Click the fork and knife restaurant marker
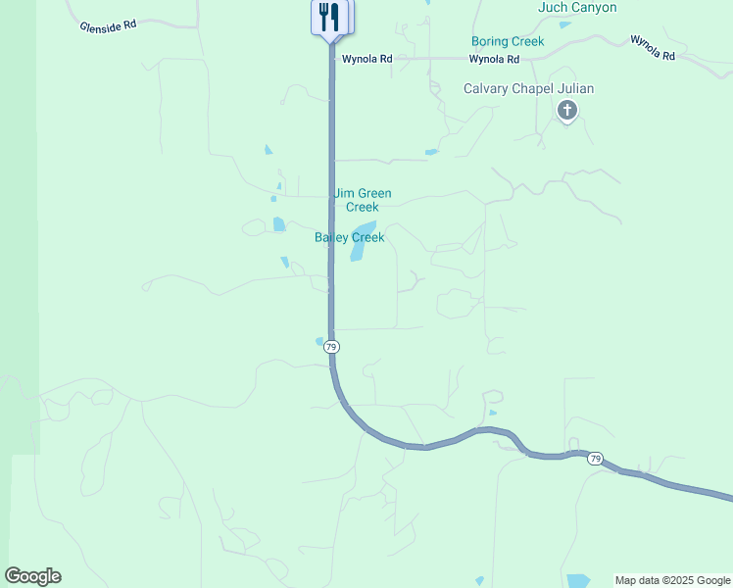tap(328, 18)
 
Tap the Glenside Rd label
tap(108, 25)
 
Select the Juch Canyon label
tap(577, 8)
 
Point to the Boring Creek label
tap(508, 41)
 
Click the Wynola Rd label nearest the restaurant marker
tap(366, 59)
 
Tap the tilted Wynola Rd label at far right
tap(653, 47)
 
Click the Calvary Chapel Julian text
tap(528, 88)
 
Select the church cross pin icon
tap(566, 111)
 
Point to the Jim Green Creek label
tap(363, 200)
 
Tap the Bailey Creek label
tap(349, 237)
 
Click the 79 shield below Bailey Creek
tap(331, 347)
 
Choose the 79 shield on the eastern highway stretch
tap(595, 459)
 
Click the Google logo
tap(32, 576)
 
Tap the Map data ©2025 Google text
tap(672, 580)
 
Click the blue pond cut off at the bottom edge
tap(578, 580)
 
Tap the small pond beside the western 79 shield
tap(319, 341)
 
